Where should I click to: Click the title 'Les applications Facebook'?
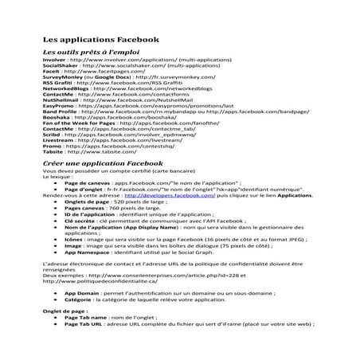click(100, 39)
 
